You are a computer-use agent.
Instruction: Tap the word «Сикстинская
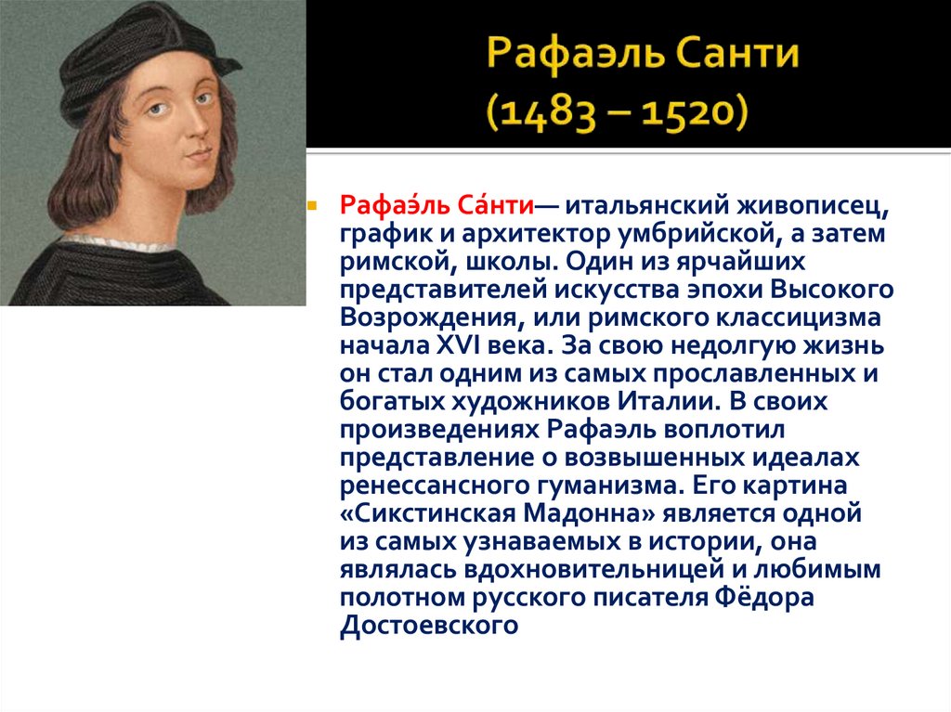tap(433, 513)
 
